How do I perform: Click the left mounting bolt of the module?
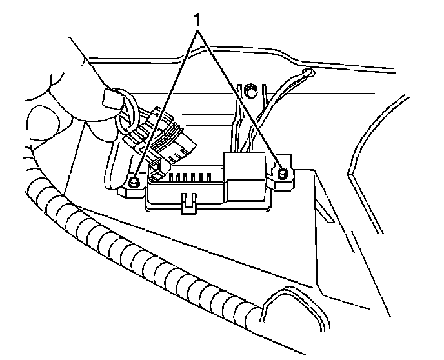click(134, 183)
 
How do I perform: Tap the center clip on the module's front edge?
click(188, 203)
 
